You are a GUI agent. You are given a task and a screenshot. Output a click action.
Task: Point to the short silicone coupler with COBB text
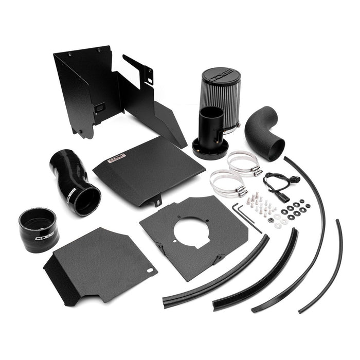pos(39,228)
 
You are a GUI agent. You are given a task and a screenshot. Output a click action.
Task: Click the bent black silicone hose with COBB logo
pos(75,180)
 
